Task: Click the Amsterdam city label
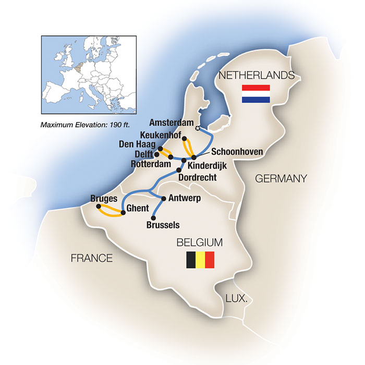171,123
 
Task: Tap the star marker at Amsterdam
197,128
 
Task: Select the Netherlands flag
256,94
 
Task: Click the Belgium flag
201,260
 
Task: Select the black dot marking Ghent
123,212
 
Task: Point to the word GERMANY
280,179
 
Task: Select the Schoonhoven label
236,151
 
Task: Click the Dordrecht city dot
179,169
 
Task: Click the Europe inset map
84,76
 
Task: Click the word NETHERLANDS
256,76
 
